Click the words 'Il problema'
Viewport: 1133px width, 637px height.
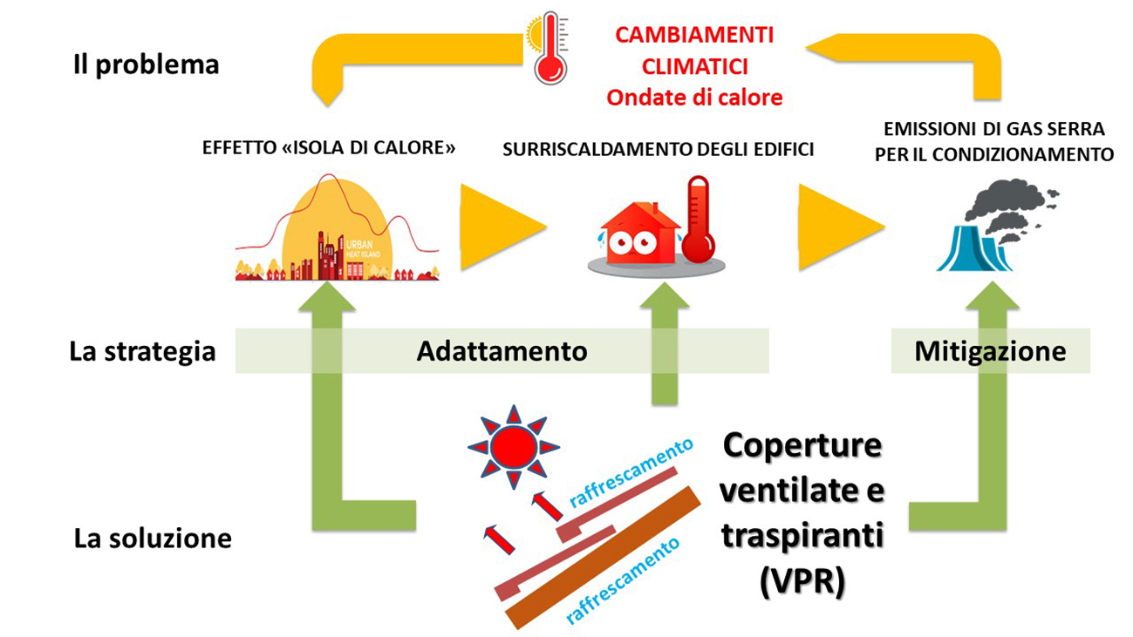[147, 64]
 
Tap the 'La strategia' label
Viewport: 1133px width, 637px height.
[143, 351]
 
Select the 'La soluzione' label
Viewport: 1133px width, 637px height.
[153, 538]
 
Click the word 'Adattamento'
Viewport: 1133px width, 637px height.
[502, 351]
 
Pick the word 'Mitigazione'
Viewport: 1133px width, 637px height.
[990, 351]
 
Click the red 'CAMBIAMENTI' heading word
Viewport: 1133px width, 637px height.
[694, 35]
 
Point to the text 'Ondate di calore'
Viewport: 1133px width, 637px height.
[694, 97]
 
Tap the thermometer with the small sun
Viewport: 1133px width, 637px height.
[549, 48]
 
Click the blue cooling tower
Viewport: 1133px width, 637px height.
[973, 248]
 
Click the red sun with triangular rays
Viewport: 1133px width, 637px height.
[514, 447]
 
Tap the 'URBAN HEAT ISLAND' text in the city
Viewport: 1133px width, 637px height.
[363, 248]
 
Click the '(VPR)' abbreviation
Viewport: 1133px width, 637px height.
[802, 581]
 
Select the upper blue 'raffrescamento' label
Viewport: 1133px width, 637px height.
[631, 471]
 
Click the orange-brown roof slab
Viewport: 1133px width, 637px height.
[603, 558]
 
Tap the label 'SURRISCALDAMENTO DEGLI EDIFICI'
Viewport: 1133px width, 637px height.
[658, 150]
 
